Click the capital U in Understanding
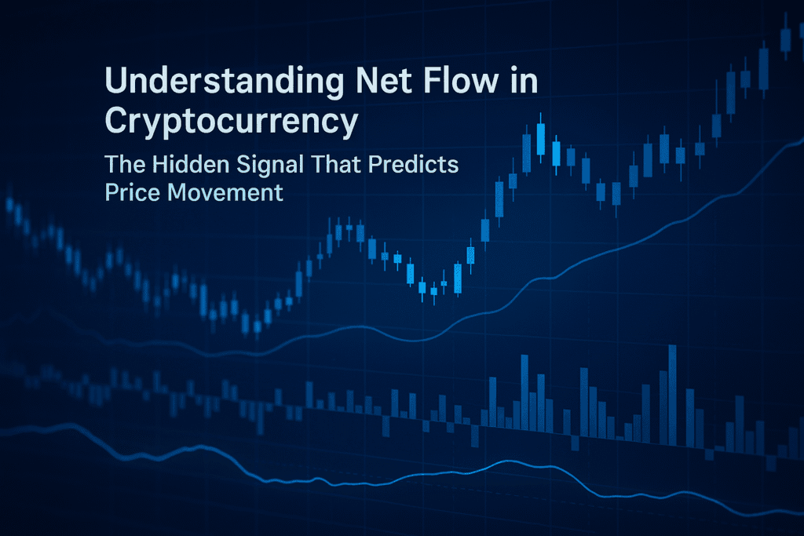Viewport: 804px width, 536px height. [115, 82]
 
